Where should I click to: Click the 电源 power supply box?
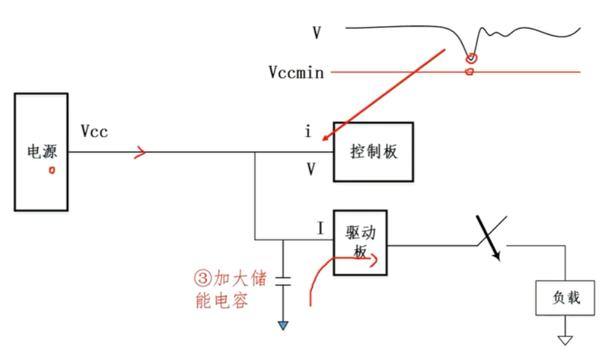[41, 152]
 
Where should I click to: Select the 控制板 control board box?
[373, 152]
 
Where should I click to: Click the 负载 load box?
[565, 298]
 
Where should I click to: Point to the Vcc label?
[94, 132]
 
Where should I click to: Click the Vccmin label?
[296, 72]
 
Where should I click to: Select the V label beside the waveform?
[317, 32]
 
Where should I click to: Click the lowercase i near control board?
[308, 133]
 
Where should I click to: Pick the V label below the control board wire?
[311, 169]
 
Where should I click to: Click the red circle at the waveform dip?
[472, 58]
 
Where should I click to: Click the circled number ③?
[202, 279]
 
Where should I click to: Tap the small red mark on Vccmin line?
[470, 72]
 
